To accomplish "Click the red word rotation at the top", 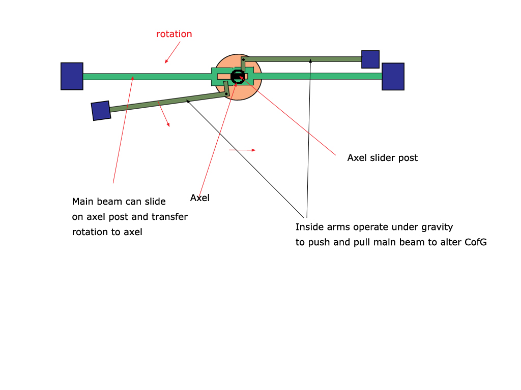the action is click(x=174, y=34).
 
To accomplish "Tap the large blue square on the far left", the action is click(x=72, y=76).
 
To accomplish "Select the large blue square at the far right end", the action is click(x=393, y=77).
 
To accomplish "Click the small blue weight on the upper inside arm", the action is click(x=370, y=59).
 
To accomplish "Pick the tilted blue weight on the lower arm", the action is click(x=101, y=111).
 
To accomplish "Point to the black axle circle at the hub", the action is click(x=238, y=77).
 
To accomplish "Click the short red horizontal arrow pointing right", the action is click(x=242, y=150).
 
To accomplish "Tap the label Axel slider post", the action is click(x=383, y=158).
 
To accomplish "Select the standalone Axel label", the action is click(x=199, y=198).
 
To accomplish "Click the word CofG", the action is click(x=476, y=242).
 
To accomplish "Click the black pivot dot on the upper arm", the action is click(x=244, y=60).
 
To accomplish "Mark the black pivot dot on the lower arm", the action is click(x=226, y=94).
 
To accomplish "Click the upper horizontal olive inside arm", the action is click(x=302, y=59).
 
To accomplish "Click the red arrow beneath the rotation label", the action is click(x=172, y=52).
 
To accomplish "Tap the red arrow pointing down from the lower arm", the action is click(x=164, y=114).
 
